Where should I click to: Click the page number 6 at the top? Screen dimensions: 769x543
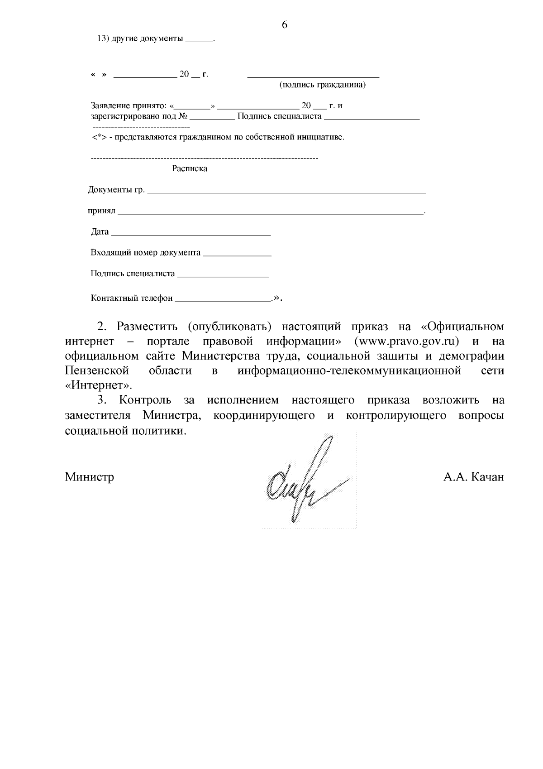pyautogui.click(x=285, y=25)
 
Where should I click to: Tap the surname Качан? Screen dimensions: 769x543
pyautogui.click(x=487, y=477)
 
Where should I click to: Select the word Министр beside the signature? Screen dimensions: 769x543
pyautogui.click(x=89, y=477)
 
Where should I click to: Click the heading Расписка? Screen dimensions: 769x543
pyautogui.click(x=190, y=169)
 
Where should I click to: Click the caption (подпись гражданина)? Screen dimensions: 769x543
pyautogui.click(x=322, y=85)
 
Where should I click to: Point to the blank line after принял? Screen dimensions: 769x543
pyautogui.click(x=270, y=213)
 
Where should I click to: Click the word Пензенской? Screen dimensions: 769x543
pyautogui.click(x=97, y=371)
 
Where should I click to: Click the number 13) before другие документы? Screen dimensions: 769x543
pyautogui.click(x=102, y=39)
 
